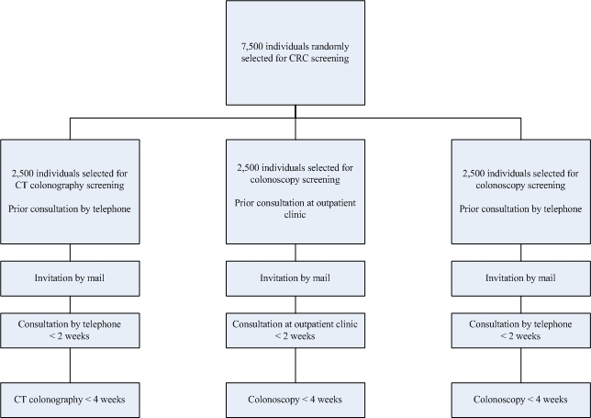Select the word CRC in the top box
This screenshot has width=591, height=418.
coord(297,58)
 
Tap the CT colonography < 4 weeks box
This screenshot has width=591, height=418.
coord(70,400)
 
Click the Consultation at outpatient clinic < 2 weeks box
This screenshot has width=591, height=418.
coord(295,330)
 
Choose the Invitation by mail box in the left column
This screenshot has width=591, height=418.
coord(70,278)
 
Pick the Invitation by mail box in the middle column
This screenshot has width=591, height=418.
coord(295,278)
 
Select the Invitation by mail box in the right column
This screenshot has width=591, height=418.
coord(521,278)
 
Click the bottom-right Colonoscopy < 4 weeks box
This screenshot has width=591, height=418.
coord(521,400)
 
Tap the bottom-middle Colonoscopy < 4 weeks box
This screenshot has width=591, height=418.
coord(295,400)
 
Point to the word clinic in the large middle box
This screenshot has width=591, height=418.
coord(295,215)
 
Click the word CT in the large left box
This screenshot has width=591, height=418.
coord(20,186)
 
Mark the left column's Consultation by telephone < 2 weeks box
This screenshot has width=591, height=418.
coord(70,330)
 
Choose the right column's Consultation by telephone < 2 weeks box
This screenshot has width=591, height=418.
coord(521,330)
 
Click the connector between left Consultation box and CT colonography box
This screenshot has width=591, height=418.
coord(70,366)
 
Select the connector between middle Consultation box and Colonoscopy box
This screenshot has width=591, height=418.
coord(295,366)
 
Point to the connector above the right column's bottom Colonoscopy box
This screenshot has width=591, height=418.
coord(521,366)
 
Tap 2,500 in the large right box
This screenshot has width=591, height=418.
coord(474,174)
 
